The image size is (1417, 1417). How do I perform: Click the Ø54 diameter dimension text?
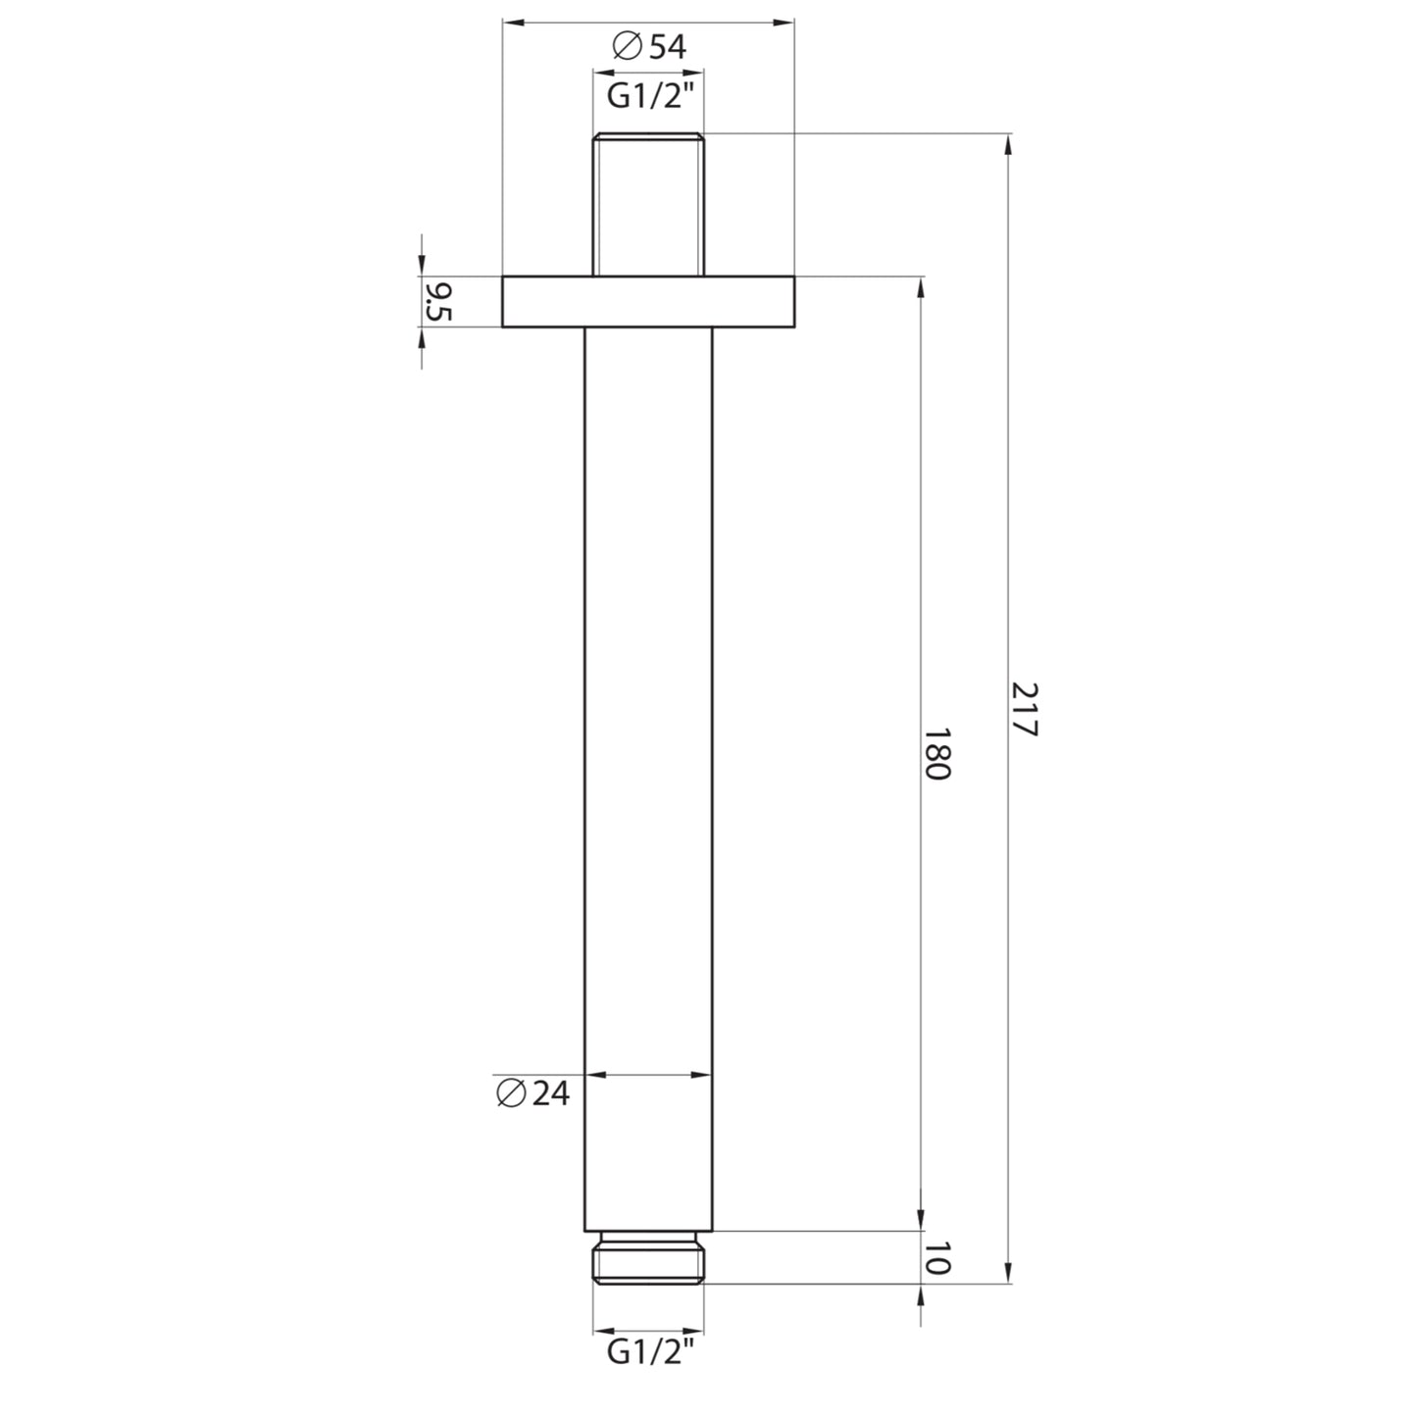(x=648, y=47)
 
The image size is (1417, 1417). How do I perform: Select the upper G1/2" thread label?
(x=648, y=98)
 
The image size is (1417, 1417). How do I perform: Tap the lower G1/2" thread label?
(x=648, y=1352)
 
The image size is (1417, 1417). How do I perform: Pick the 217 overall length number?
(x=1024, y=710)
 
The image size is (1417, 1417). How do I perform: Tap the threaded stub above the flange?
(x=648, y=203)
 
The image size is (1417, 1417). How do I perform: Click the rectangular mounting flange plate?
(x=648, y=301)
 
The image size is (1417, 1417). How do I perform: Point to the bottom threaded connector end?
(x=648, y=1257)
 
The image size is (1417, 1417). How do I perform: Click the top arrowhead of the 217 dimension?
(x=1009, y=144)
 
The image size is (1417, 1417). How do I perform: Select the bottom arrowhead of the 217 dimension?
(x=1009, y=1272)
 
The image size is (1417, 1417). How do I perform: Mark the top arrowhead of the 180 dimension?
(x=921, y=288)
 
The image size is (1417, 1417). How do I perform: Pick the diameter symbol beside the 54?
(x=626, y=47)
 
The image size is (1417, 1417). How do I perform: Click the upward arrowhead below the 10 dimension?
(x=921, y=1295)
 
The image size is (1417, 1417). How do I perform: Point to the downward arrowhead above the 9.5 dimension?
(x=422, y=265)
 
